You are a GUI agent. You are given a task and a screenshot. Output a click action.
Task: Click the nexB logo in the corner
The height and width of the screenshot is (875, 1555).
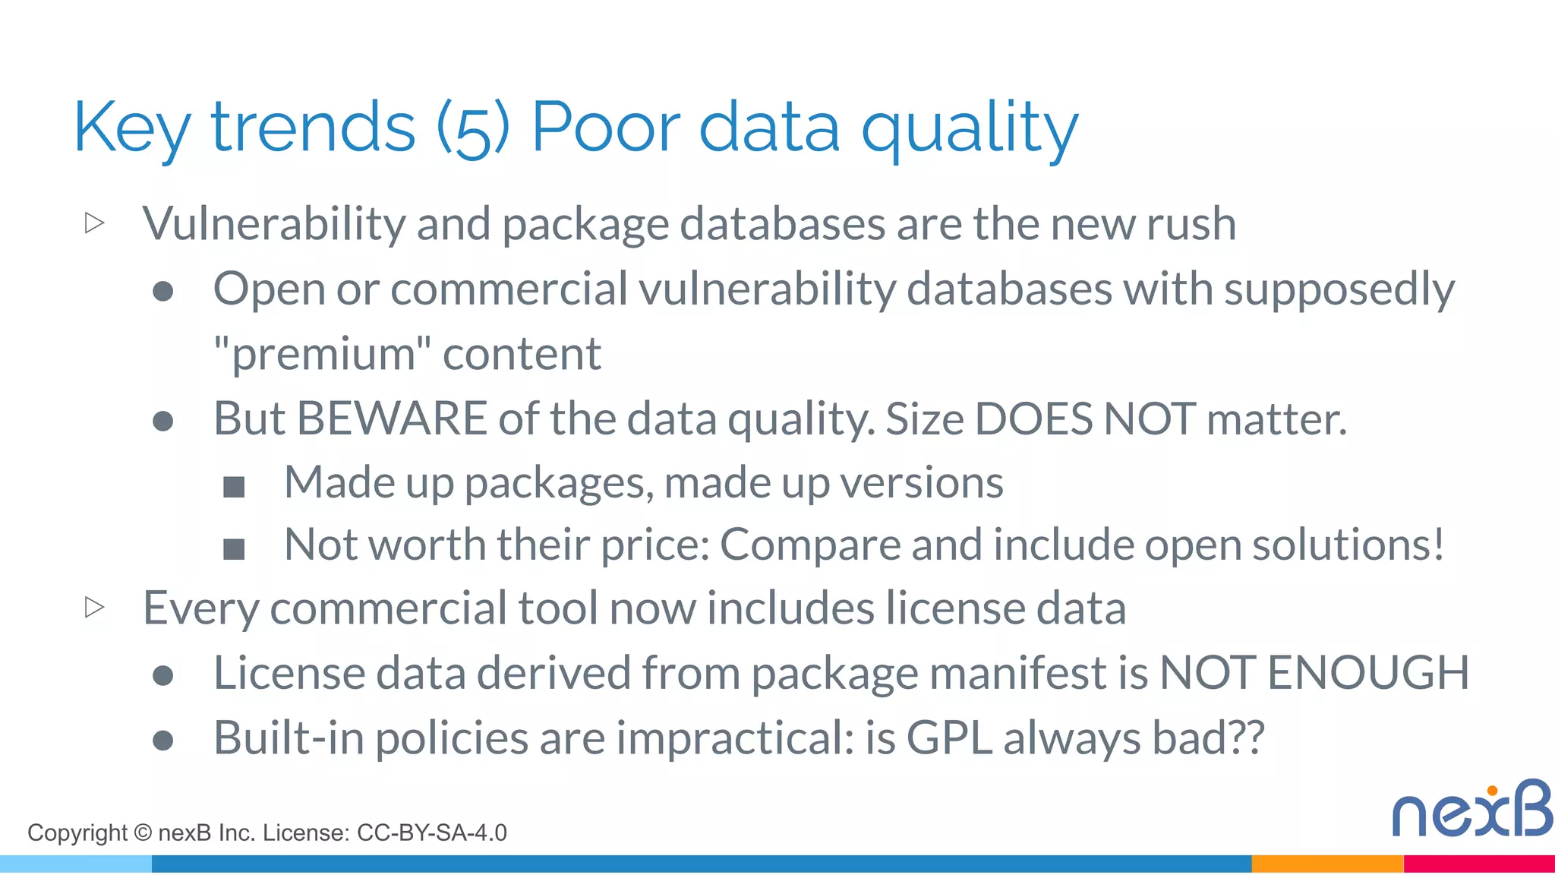[x=1471, y=810]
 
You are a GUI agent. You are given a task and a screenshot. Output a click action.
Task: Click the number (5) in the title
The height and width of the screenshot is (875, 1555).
[x=472, y=129]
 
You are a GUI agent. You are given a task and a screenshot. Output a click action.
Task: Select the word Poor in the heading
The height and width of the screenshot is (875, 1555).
[x=605, y=128]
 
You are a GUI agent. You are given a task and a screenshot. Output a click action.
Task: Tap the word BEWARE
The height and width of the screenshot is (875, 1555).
[x=392, y=419]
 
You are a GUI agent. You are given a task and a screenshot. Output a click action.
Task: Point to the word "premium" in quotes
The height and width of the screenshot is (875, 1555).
[x=322, y=354]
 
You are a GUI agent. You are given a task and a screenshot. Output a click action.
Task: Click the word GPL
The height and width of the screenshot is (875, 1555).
[x=949, y=738]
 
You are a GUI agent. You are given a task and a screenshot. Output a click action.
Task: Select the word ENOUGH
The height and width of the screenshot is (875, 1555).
[x=1368, y=673]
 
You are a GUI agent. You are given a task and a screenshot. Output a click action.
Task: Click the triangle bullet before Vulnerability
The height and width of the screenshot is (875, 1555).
[x=95, y=223]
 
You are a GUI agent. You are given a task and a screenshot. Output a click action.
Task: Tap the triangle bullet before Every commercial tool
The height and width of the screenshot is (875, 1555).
[x=95, y=608]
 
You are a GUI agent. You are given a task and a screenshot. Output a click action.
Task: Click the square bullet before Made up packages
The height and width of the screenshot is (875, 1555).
[x=234, y=486]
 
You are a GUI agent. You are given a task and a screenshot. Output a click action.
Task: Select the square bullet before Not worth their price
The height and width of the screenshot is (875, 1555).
[x=234, y=548]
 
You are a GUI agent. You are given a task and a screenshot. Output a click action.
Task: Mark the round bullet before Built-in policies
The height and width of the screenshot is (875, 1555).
[x=163, y=740]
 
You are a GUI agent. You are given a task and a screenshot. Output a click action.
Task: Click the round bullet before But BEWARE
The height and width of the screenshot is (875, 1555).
[x=163, y=421]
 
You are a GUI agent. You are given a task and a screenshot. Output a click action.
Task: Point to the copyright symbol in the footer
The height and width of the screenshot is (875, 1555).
[x=143, y=833]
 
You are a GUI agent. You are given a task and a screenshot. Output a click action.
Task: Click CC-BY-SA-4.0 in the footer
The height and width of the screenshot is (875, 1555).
[x=431, y=833]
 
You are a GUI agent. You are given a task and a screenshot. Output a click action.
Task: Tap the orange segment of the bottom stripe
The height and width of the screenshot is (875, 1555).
[x=1327, y=864]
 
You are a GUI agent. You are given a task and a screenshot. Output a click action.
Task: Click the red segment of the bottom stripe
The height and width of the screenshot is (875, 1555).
[x=1479, y=864]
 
